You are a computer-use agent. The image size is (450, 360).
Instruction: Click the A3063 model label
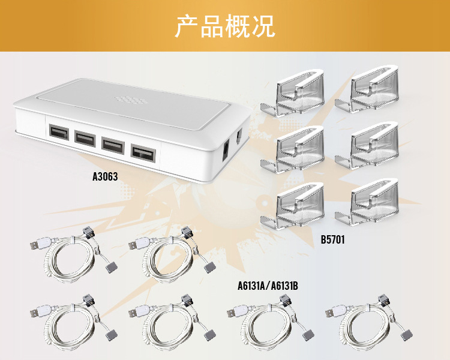click(x=105, y=177)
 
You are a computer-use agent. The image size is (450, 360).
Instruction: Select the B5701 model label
click(x=333, y=239)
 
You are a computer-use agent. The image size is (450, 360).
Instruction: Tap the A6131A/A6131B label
click(x=268, y=286)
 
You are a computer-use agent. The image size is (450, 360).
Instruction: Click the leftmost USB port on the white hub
click(x=58, y=133)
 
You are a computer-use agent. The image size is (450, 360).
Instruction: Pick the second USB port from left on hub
click(x=85, y=139)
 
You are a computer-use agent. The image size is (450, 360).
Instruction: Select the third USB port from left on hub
click(x=113, y=145)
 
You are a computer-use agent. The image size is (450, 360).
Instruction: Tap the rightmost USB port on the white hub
click(x=142, y=152)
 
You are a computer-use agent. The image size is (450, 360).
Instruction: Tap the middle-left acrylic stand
click(x=298, y=148)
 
